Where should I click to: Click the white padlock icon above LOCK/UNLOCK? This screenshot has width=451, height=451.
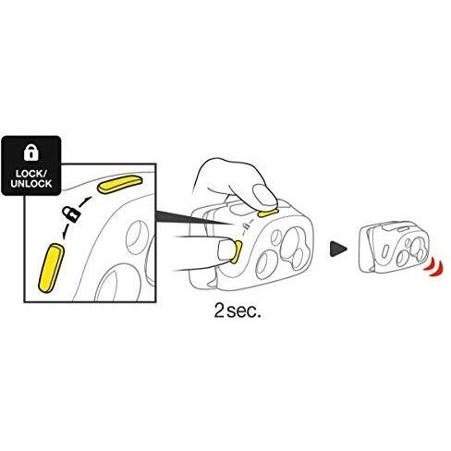click(31, 152)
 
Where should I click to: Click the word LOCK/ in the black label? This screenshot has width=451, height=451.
click(31, 174)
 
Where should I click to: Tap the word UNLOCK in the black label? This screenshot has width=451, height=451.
click(31, 184)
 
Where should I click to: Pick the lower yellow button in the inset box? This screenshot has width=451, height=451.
click(51, 268)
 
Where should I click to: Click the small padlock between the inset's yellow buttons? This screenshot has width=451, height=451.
click(71, 214)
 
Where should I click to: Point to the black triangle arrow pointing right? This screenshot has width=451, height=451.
click(338, 249)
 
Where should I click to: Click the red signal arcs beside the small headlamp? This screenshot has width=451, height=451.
click(434, 267)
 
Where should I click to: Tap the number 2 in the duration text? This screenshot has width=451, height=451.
click(219, 311)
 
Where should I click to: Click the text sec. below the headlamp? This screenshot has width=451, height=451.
click(244, 312)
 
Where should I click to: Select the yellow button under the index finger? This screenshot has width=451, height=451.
click(268, 213)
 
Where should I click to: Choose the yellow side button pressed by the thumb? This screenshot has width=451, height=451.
click(237, 252)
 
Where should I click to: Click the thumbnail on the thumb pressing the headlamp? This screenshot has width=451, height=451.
click(225, 250)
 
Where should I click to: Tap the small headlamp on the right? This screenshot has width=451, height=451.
click(396, 248)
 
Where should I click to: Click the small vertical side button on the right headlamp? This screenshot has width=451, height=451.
click(385, 250)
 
